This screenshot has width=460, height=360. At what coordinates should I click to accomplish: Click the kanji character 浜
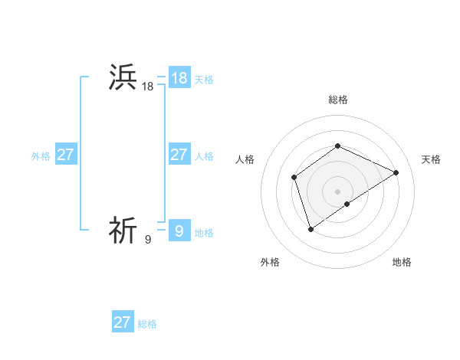(x=123, y=77)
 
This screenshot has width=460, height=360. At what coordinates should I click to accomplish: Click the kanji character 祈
(x=123, y=230)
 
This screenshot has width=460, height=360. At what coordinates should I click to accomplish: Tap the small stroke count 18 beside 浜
(x=148, y=87)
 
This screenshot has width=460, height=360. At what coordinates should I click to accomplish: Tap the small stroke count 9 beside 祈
(x=148, y=240)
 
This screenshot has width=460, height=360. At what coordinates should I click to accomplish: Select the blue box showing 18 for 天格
(x=179, y=78)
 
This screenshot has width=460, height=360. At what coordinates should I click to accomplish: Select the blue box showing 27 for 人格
(x=179, y=155)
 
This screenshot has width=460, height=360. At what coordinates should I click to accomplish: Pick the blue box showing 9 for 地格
(x=179, y=231)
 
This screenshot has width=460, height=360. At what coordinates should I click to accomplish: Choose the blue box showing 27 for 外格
(x=66, y=155)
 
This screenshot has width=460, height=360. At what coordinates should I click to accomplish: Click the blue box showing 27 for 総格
(x=123, y=322)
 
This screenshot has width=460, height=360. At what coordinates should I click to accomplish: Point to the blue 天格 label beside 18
(x=204, y=80)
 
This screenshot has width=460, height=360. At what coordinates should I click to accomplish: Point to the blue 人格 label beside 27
(x=204, y=156)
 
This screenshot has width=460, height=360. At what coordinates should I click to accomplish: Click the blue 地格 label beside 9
(x=204, y=233)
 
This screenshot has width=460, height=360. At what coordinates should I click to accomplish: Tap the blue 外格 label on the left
(x=41, y=156)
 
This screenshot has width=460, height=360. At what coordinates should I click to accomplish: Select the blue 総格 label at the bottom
(x=147, y=324)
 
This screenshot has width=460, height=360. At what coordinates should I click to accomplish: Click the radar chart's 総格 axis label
(x=337, y=100)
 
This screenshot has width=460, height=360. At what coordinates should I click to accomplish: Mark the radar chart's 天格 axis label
(x=431, y=159)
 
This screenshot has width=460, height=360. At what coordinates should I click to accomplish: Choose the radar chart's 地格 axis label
(x=402, y=263)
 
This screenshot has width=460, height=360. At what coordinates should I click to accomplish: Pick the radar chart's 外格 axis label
(x=270, y=263)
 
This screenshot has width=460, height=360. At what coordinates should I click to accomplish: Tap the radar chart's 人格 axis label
(x=245, y=159)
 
